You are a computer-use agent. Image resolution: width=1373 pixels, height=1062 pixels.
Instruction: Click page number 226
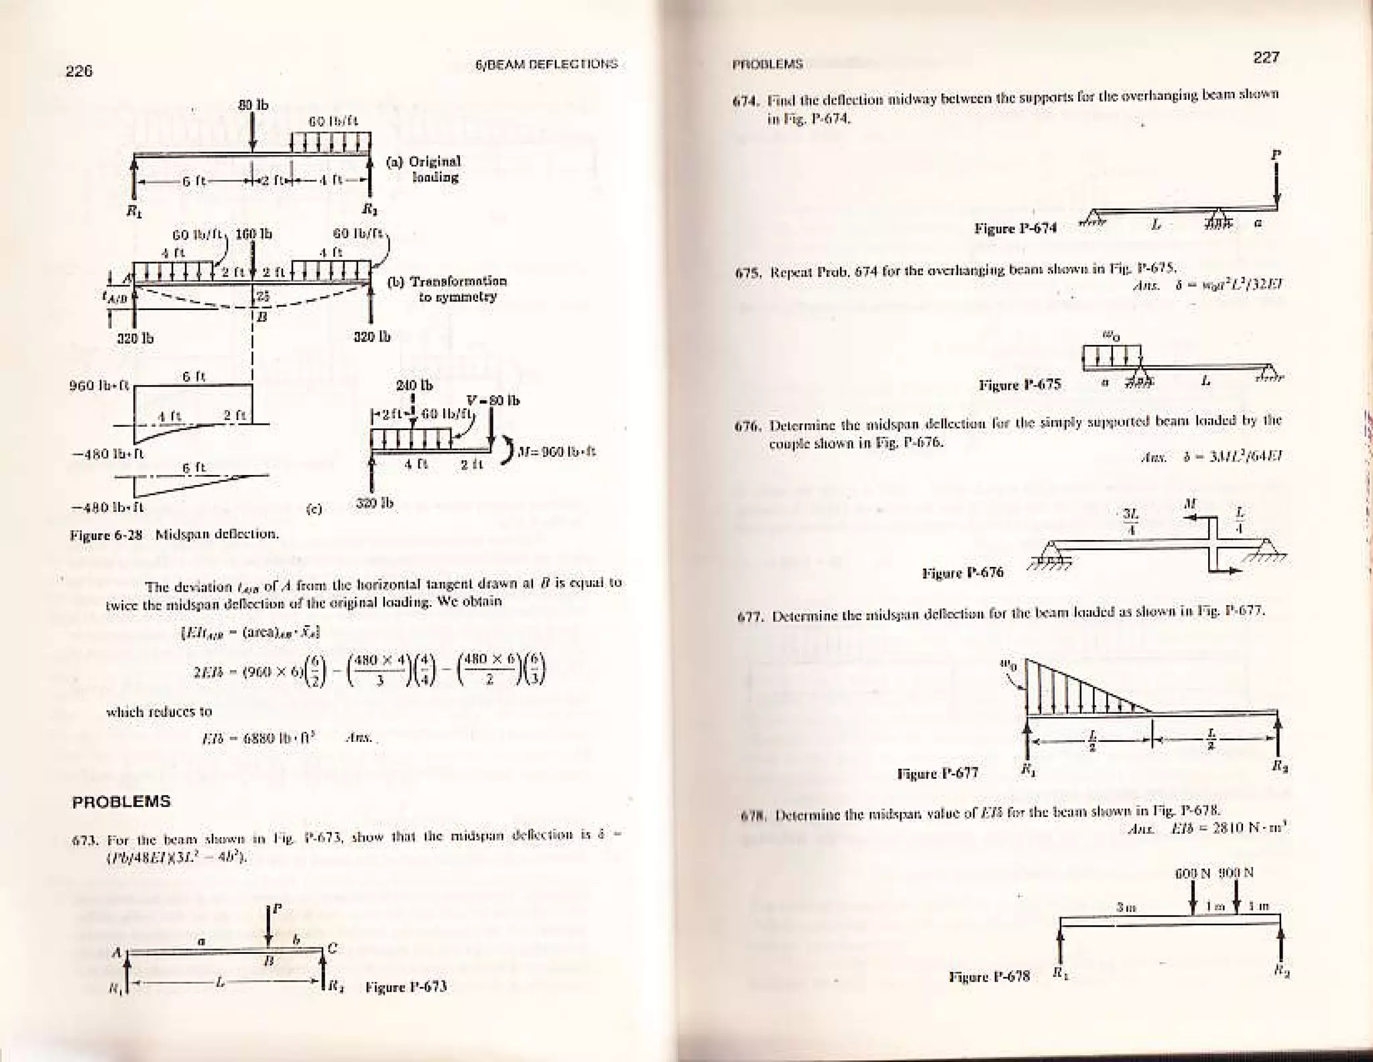pyautogui.click(x=78, y=71)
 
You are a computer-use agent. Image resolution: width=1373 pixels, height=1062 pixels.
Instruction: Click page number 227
pyautogui.click(x=1266, y=58)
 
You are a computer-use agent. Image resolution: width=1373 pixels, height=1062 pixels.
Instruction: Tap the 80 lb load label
pyautogui.click(x=253, y=105)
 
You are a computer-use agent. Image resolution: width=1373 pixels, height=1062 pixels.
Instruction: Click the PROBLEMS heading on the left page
pyautogui.click(x=121, y=802)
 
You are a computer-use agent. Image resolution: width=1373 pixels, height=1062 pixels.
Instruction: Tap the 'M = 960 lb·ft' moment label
pyautogui.click(x=557, y=452)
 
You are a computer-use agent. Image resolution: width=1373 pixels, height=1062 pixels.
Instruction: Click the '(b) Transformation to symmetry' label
pyautogui.click(x=448, y=288)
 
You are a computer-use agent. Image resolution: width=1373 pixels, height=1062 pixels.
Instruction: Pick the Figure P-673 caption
pyautogui.click(x=406, y=987)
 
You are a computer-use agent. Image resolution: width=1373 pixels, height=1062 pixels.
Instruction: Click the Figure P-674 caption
pyautogui.click(x=1015, y=229)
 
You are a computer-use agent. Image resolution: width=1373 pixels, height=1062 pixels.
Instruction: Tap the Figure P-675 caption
pyautogui.click(x=1020, y=385)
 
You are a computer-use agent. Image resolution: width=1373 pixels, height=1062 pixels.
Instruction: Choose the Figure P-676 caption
pyautogui.click(x=963, y=573)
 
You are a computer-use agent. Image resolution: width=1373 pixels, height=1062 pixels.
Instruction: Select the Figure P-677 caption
pyautogui.click(x=937, y=774)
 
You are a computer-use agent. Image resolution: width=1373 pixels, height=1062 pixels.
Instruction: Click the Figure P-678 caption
pyautogui.click(x=989, y=976)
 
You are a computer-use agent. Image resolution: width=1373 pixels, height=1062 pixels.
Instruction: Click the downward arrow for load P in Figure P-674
pyautogui.click(x=1276, y=184)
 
